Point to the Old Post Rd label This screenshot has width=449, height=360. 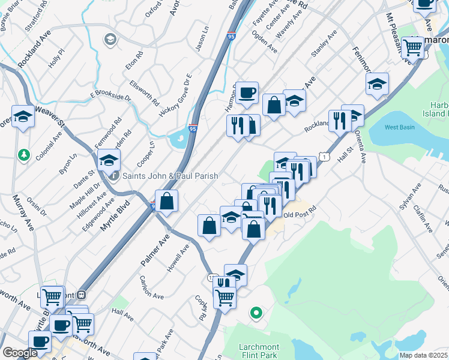click(x=299, y=214)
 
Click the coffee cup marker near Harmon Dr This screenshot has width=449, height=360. click(x=247, y=92)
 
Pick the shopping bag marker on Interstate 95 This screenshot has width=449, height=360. click(x=167, y=200)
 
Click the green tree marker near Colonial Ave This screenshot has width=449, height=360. click(x=24, y=155)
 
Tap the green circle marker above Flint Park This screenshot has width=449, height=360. click(x=256, y=312)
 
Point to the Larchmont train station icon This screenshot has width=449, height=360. click(x=81, y=295)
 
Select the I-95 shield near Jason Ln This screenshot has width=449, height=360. click(x=231, y=37)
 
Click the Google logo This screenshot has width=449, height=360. click(x=19, y=353)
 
